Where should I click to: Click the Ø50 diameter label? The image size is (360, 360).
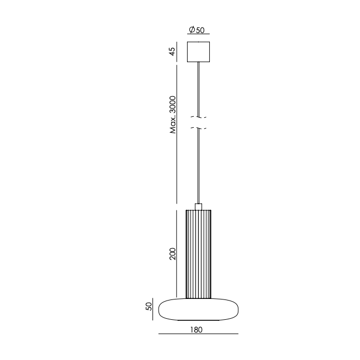pyautogui.click(x=197, y=30)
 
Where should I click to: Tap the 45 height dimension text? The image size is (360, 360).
pyautogui.click(x=172, y=51)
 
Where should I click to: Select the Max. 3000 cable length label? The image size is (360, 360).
pyautogui.click(x=173, y=115)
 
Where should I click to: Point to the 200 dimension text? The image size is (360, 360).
pyautogui.click(x=172, y=254)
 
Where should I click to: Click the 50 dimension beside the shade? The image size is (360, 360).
pyautogui.click(x=149, y=307)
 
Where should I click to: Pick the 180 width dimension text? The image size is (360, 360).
pyautogui.click(x=197, y=330)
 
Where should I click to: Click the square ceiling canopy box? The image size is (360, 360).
pyautogui.click(x=198, y=52)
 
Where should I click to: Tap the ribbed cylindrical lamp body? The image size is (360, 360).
pyautogui.click(x=198, y=254)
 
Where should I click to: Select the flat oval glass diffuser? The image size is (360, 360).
pyautogui.click(x=198, y=309)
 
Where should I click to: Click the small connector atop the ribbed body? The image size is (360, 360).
pyautogui.click(x=198, y=206)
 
